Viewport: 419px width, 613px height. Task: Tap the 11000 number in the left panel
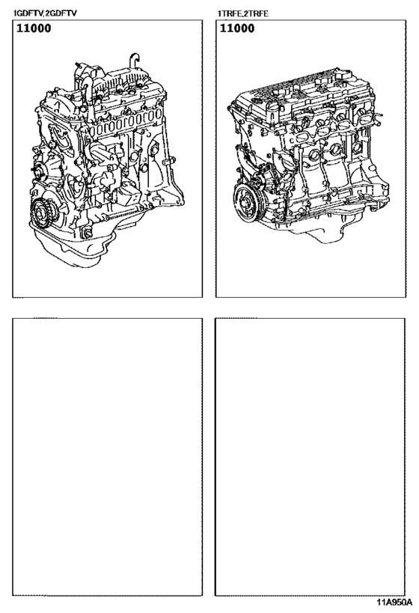[32, 30]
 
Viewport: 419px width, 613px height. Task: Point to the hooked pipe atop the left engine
[135, 59]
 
